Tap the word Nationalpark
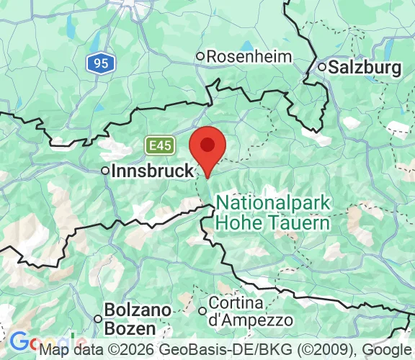[274, 203]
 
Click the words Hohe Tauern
[274, 222]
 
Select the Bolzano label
[138, 310]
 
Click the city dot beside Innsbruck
[105, 171]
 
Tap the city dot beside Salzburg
[321, 67]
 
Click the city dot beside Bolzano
[98, 318]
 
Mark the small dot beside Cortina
[202, 310]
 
